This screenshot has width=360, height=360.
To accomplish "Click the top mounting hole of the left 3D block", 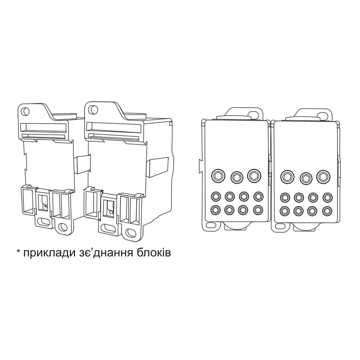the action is point(25,111).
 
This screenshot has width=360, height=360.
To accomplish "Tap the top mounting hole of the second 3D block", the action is point(92,109).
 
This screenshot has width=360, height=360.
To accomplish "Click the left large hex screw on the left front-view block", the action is point(218,176).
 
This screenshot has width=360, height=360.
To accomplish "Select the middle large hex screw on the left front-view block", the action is point(237,177).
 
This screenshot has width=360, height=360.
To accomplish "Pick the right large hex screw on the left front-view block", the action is point(254,175).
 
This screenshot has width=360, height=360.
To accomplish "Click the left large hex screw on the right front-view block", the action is point(288,176).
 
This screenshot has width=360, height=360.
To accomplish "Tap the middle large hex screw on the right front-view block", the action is point(306,177).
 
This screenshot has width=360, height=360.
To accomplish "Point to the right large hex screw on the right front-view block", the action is point(323,176).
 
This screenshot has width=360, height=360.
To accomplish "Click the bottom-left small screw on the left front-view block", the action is point(216,210).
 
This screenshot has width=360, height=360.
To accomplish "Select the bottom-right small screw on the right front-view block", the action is point(327,210).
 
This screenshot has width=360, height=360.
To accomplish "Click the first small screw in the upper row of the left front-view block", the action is point(216,196).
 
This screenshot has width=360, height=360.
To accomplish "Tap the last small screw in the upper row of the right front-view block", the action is point(327,197).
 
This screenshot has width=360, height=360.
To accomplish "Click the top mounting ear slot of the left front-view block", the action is point(254,114).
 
